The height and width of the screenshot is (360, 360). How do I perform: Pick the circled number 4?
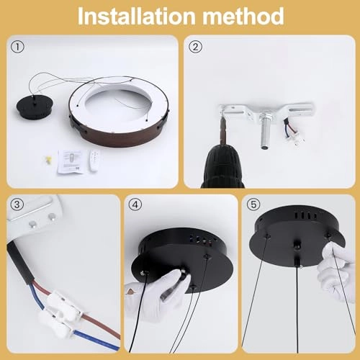(135, 206)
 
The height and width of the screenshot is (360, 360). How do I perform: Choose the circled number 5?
(255, 206)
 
